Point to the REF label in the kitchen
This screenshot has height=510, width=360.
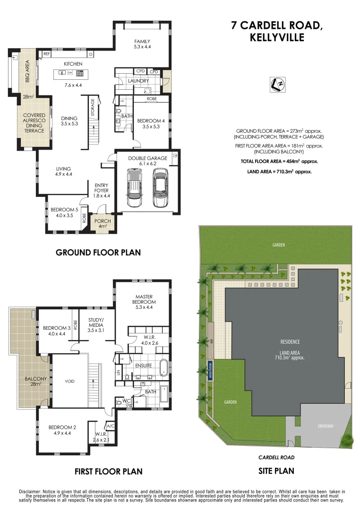click(x=47, y=54)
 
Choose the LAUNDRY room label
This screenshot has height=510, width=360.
click(x=138, y=81)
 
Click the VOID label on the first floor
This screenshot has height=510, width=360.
click(x=69, y=381)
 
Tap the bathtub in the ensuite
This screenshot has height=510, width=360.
click(x=163, y=367)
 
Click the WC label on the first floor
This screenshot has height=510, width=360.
click(x=126, y=401)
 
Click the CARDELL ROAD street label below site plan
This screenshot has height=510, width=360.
click(x=276, y=457)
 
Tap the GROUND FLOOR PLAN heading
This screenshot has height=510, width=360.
click(x=98, y=252)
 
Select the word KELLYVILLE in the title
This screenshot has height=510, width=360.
click(x=277, y=38)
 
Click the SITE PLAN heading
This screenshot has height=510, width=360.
click(x=276, y=471)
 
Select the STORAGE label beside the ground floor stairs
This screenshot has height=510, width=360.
click(x=93, y=108)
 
